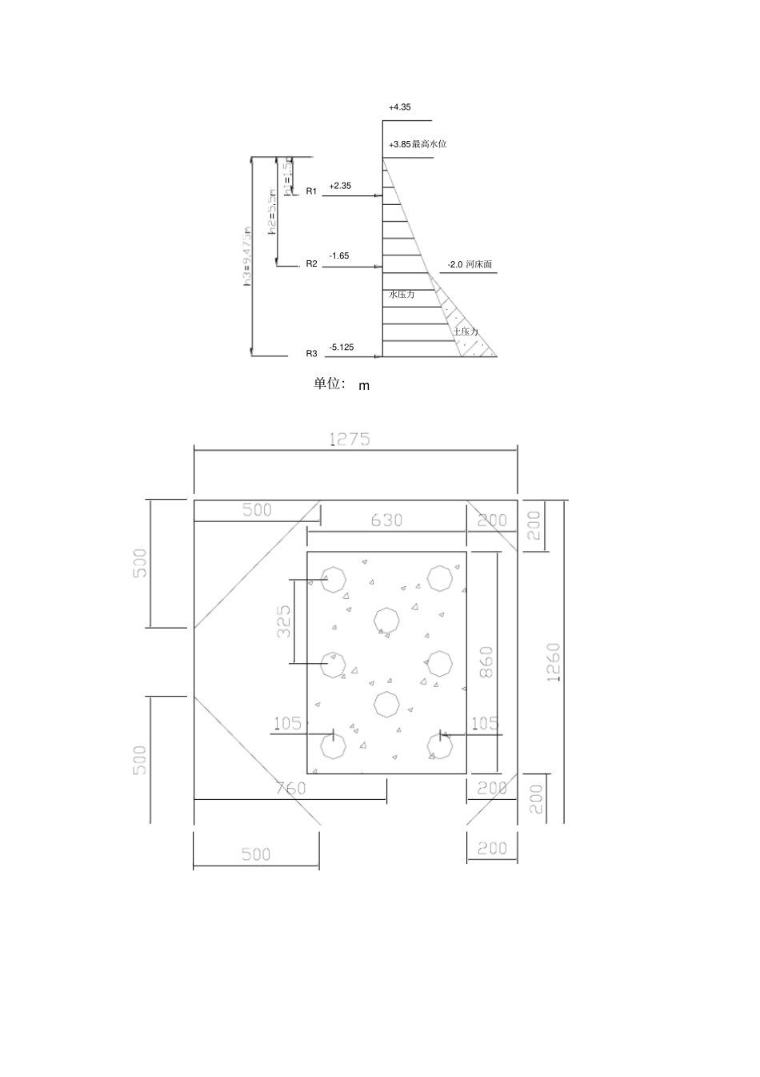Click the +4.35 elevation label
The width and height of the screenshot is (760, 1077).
(399, 107)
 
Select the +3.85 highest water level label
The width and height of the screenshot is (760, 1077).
(417, 144)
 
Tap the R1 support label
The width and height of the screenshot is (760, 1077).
(312, 191)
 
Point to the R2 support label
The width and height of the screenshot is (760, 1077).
(312, 263)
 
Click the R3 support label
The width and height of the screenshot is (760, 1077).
(312, 353)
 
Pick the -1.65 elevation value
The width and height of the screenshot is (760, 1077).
(339, 256)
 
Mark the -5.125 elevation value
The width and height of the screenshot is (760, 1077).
(342, 347)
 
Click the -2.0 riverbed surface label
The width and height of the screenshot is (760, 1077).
(470, 264)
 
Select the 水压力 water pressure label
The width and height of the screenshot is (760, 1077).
(402, 295)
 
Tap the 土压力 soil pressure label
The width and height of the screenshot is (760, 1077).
(465, 332)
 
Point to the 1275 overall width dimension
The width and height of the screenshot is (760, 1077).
(350, 439)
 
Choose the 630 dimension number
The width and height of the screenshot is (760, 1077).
(386, 520)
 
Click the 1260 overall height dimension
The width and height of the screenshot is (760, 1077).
(553, 661)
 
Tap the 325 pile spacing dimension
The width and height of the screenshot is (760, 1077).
(284, 621)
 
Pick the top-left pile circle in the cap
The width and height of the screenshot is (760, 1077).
(333, 578)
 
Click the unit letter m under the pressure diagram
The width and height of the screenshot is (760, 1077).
(364, 386)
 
